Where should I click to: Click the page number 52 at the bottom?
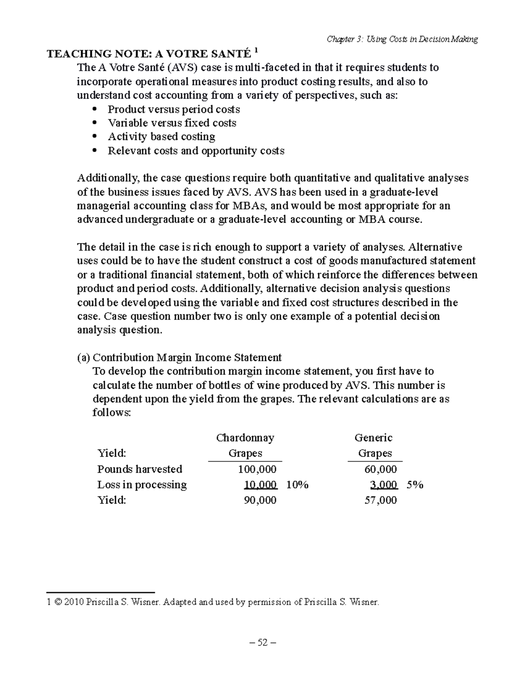tap(262, 643)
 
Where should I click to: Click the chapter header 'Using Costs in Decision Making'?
tap(402, 39)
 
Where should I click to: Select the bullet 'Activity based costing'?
tap(161, 137)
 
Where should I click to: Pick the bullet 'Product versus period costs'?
tap(174, 109)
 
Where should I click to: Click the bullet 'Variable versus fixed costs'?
tap(172, 123)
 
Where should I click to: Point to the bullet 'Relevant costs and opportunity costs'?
tap(196, 151)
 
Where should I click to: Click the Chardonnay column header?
tap(245, 438)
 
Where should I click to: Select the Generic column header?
tap(373, 438)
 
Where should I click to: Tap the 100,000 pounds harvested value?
tap(257, 469)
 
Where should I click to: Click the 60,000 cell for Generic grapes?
tap(381, 469)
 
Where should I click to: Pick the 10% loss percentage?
tap(298, 484)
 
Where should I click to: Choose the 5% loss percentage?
tap(415, 484)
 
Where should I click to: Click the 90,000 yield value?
tap(260, 500)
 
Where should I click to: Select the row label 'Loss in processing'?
tap(142, 484)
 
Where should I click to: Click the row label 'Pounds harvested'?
tap(140, 469)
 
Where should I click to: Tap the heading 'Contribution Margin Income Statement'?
tap(187, 358)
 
